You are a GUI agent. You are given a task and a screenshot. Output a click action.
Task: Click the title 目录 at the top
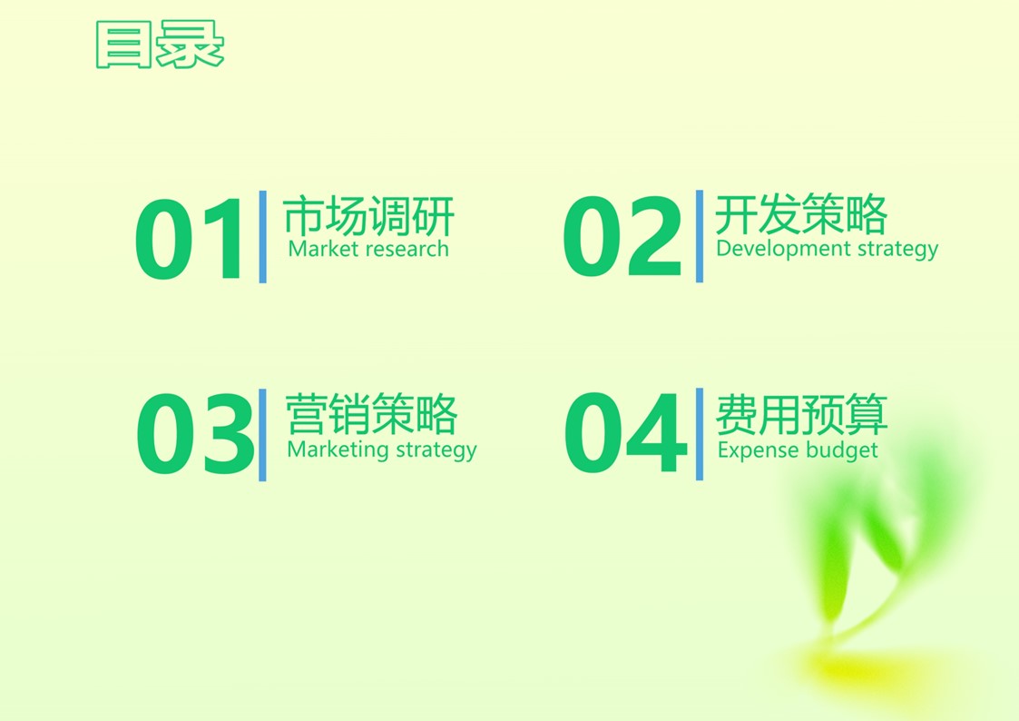pyautogui.click(x=160, y=44)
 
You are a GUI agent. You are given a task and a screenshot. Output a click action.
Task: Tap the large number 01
pyautogui.click(x=189, y=239)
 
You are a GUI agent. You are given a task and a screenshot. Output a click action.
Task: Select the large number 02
pyautogui.click(x=622, y=237)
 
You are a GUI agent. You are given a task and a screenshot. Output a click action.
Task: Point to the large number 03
pyautogui.click(x=195, y=434)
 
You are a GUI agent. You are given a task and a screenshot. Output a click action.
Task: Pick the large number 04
pyautogui.click(x=626, y=432)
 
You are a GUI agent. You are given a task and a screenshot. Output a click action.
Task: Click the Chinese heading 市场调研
pyautogui.click(x=368, y=216)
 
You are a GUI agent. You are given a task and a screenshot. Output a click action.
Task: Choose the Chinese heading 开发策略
pyautogui.click(x=801, y=214)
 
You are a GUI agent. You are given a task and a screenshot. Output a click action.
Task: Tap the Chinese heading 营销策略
pyautogui.click(x=372, y=413)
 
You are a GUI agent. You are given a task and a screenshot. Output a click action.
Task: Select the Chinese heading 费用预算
pyautogui.click(x=802, y=413)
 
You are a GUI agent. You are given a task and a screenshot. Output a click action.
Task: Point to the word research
pyautogui.click(x=407, y=249)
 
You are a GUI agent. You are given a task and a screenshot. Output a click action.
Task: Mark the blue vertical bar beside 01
pyautogui.click(x=262, y=237)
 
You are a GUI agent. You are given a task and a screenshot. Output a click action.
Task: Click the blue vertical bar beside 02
pyautogui.click(x=700, y=236)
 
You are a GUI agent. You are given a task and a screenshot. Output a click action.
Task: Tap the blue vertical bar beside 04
pyautogui.click(x=700, y=434)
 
